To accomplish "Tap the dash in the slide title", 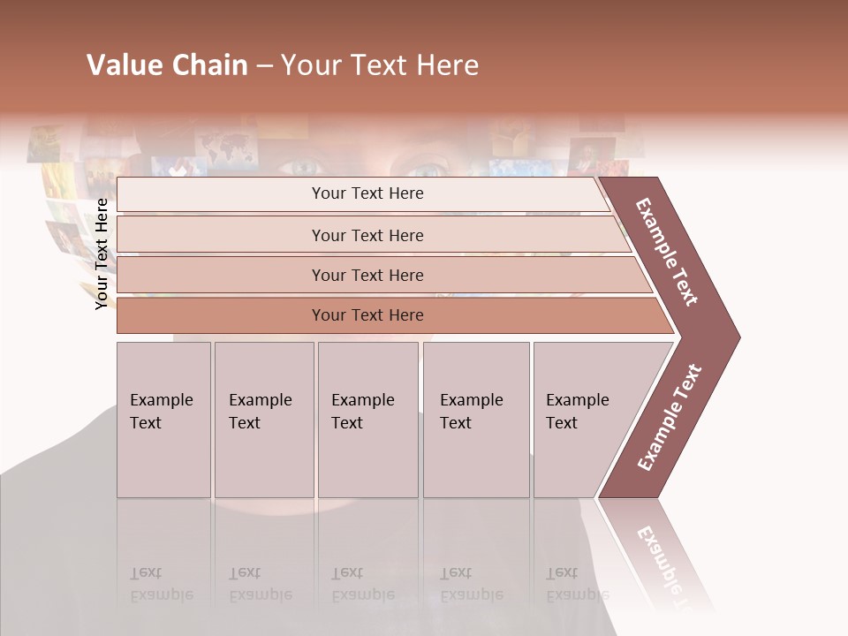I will (264, 66).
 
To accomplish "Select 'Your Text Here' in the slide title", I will (380, 65).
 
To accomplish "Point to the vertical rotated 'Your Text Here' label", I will (102, 254).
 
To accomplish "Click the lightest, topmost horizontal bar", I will (367, 193).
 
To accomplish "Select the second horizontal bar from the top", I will (367, 235).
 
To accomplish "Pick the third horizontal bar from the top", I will (367, 275).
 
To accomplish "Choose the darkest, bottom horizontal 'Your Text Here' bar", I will (367, 315).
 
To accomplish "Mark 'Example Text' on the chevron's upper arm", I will (667, 252).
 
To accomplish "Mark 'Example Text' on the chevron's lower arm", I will (670, 417).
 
